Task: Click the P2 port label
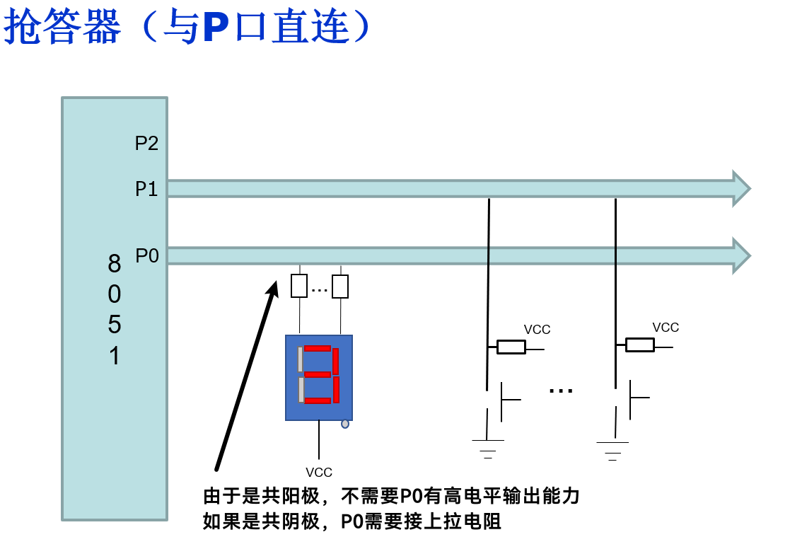click(x=146, y=143)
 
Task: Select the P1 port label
click(x=146, y=189)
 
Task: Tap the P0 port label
click(x=147, y=255)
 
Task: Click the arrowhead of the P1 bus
click(x=741, y=189)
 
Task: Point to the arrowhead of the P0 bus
click(x=741, y=255)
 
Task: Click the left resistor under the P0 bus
click(x=299, y=285)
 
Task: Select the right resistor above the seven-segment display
click(x=340, y=287)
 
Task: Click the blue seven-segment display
click(x=319, y=378)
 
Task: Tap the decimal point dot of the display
click(x=345, y=424)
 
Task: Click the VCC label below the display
click(x=319, y=473)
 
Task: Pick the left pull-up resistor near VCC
click(x=511, y=347)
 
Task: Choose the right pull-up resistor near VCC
click(x=640, y=345)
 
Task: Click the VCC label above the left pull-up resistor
click(x=537, y=330)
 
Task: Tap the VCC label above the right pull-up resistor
click(x=666, y=328)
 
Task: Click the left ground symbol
click(x=488, y=449)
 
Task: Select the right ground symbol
click(x=612, y=451)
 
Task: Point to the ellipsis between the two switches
click(x=561, y=391)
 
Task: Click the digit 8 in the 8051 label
click(x=115, y=263)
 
